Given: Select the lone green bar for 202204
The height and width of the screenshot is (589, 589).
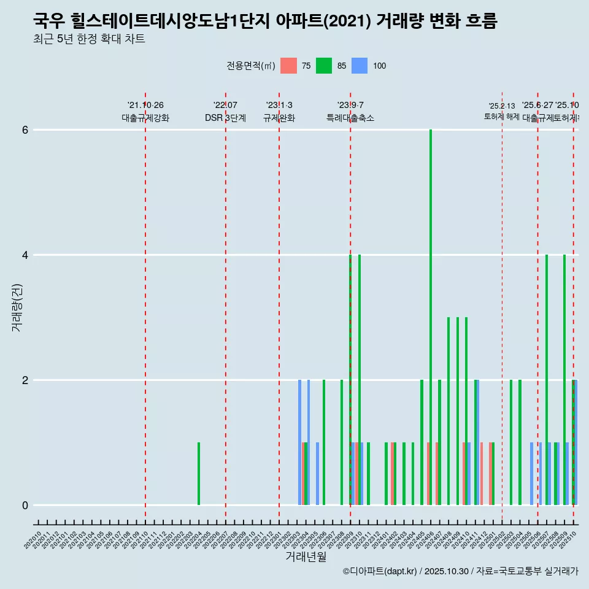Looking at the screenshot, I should click(199, 474).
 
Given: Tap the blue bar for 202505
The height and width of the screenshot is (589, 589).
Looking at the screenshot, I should click(531, 474).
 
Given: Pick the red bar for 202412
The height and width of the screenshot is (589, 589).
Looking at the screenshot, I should click(482, 474).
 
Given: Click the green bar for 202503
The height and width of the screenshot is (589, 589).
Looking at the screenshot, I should click(510, 442).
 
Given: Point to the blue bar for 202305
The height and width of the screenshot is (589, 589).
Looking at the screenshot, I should click(317, 474).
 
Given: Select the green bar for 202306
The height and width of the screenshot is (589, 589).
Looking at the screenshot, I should click(324, 442).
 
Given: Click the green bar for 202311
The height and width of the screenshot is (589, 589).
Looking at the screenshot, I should click(368, 474).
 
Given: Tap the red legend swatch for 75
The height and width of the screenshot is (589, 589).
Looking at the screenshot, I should click(288, 66).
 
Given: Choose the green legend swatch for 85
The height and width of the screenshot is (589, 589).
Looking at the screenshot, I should click(324, 66).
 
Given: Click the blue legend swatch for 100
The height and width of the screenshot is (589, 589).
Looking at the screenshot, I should click(360, 66).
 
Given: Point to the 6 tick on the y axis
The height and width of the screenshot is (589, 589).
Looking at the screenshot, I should click(25, 130).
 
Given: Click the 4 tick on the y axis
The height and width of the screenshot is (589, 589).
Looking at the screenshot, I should click(25, 255).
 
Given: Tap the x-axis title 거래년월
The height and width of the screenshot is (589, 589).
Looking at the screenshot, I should click(306, 556).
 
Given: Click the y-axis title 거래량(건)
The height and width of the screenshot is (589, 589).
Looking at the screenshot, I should click(17, 307).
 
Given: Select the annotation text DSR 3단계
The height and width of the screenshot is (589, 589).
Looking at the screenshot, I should click(225, 118).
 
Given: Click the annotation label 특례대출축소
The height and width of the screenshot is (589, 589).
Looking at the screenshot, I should click(350, 118).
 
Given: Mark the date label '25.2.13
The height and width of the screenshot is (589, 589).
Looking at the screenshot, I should click(502, 106).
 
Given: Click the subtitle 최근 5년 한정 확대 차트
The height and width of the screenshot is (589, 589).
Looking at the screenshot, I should click(89, 39).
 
